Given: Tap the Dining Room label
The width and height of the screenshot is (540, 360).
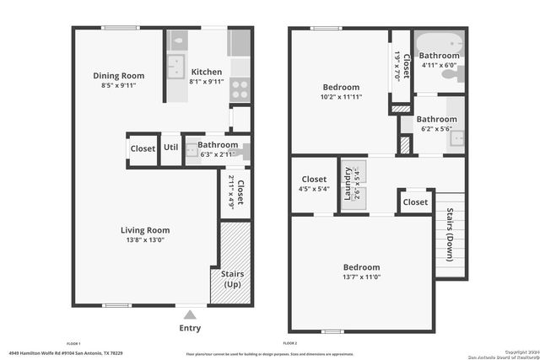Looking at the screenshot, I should pos(118,75).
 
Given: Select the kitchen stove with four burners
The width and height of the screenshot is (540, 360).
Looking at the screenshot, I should pos(240,84).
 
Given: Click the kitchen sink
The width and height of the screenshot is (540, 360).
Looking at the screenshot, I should pos(177,65).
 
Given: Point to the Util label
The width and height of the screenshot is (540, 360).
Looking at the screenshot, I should pos(171,148).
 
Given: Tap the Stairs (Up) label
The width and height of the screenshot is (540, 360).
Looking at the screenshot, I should pos(232,279).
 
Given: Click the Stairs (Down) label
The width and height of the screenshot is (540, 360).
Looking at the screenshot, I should pos(451,223).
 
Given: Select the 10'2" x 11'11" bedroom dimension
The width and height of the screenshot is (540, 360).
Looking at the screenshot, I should pos(341,98).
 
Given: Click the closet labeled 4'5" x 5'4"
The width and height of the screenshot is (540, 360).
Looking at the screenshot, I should pos(314,184).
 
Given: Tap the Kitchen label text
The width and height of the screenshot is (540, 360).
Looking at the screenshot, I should pos(206,72).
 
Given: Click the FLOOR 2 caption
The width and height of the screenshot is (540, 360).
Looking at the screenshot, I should pos(290,344).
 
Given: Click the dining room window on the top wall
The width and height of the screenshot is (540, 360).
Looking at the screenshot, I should pos(121,28).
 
